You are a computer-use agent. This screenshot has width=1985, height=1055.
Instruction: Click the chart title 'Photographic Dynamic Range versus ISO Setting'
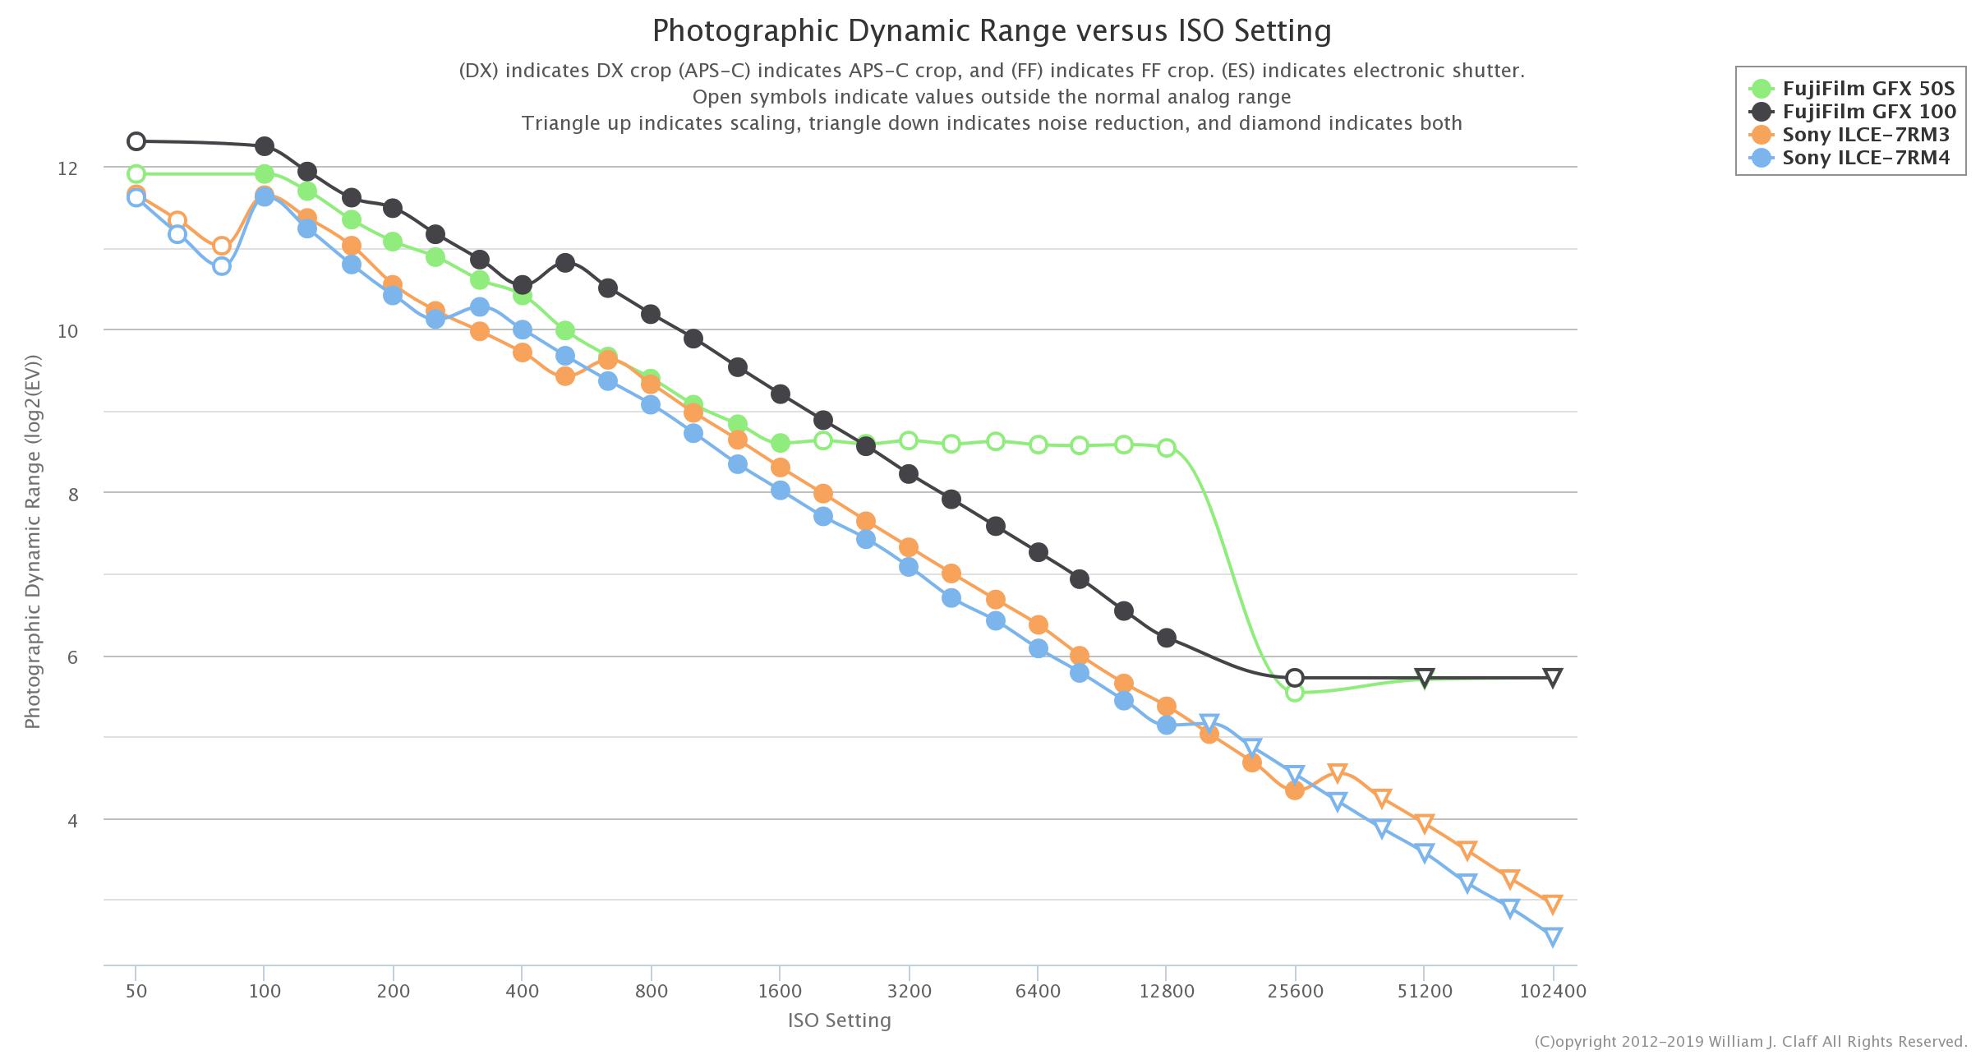[x=991, y=31]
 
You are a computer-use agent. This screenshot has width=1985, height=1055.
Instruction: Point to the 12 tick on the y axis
[x=67, y=168]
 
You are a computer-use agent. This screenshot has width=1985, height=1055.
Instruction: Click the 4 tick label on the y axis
[x=71, y=821]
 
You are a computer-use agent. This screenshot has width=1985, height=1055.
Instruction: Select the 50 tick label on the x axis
[x=136, y=991]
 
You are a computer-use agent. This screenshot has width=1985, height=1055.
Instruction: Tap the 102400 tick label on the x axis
[x=1552, y=991]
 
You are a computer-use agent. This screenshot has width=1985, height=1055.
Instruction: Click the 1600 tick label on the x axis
[x=780, y=991]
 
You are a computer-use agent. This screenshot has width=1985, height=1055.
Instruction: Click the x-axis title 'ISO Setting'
[x=839, y=1020]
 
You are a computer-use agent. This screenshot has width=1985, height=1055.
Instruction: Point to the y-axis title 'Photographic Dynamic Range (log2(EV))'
[x=33, y=542]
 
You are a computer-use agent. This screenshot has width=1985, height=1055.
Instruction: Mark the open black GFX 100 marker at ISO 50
[x=136, y=141]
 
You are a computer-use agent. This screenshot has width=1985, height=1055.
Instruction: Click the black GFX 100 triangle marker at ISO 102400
[x=1552, y=678]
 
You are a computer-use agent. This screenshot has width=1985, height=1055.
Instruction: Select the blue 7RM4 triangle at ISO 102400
[x=1552, y=937]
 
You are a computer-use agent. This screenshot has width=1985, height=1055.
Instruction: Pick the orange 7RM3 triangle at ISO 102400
[x=1552, y=905]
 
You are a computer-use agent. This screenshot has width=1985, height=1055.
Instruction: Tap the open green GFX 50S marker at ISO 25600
[x=1294, y=692]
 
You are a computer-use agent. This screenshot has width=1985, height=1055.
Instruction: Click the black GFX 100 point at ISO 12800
[x=1166, y=638]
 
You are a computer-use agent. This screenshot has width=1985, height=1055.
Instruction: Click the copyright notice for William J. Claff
[x=1750, y=1042]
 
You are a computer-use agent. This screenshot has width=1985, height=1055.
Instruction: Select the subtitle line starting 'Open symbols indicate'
[x=991, y=97]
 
